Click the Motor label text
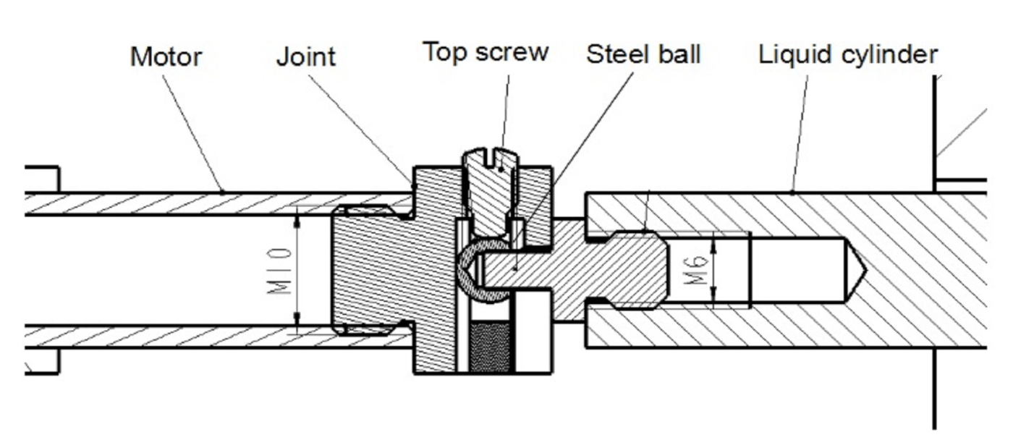coord(166,57)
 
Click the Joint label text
coord(306,56)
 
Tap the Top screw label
coord(486,52)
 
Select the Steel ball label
coord(643,54)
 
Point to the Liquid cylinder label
coord(848,54)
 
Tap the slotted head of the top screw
coord(491,158)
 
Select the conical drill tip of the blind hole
coord(855,270)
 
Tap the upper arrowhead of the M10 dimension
coord(297,217)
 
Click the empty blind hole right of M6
coord(796,270)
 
